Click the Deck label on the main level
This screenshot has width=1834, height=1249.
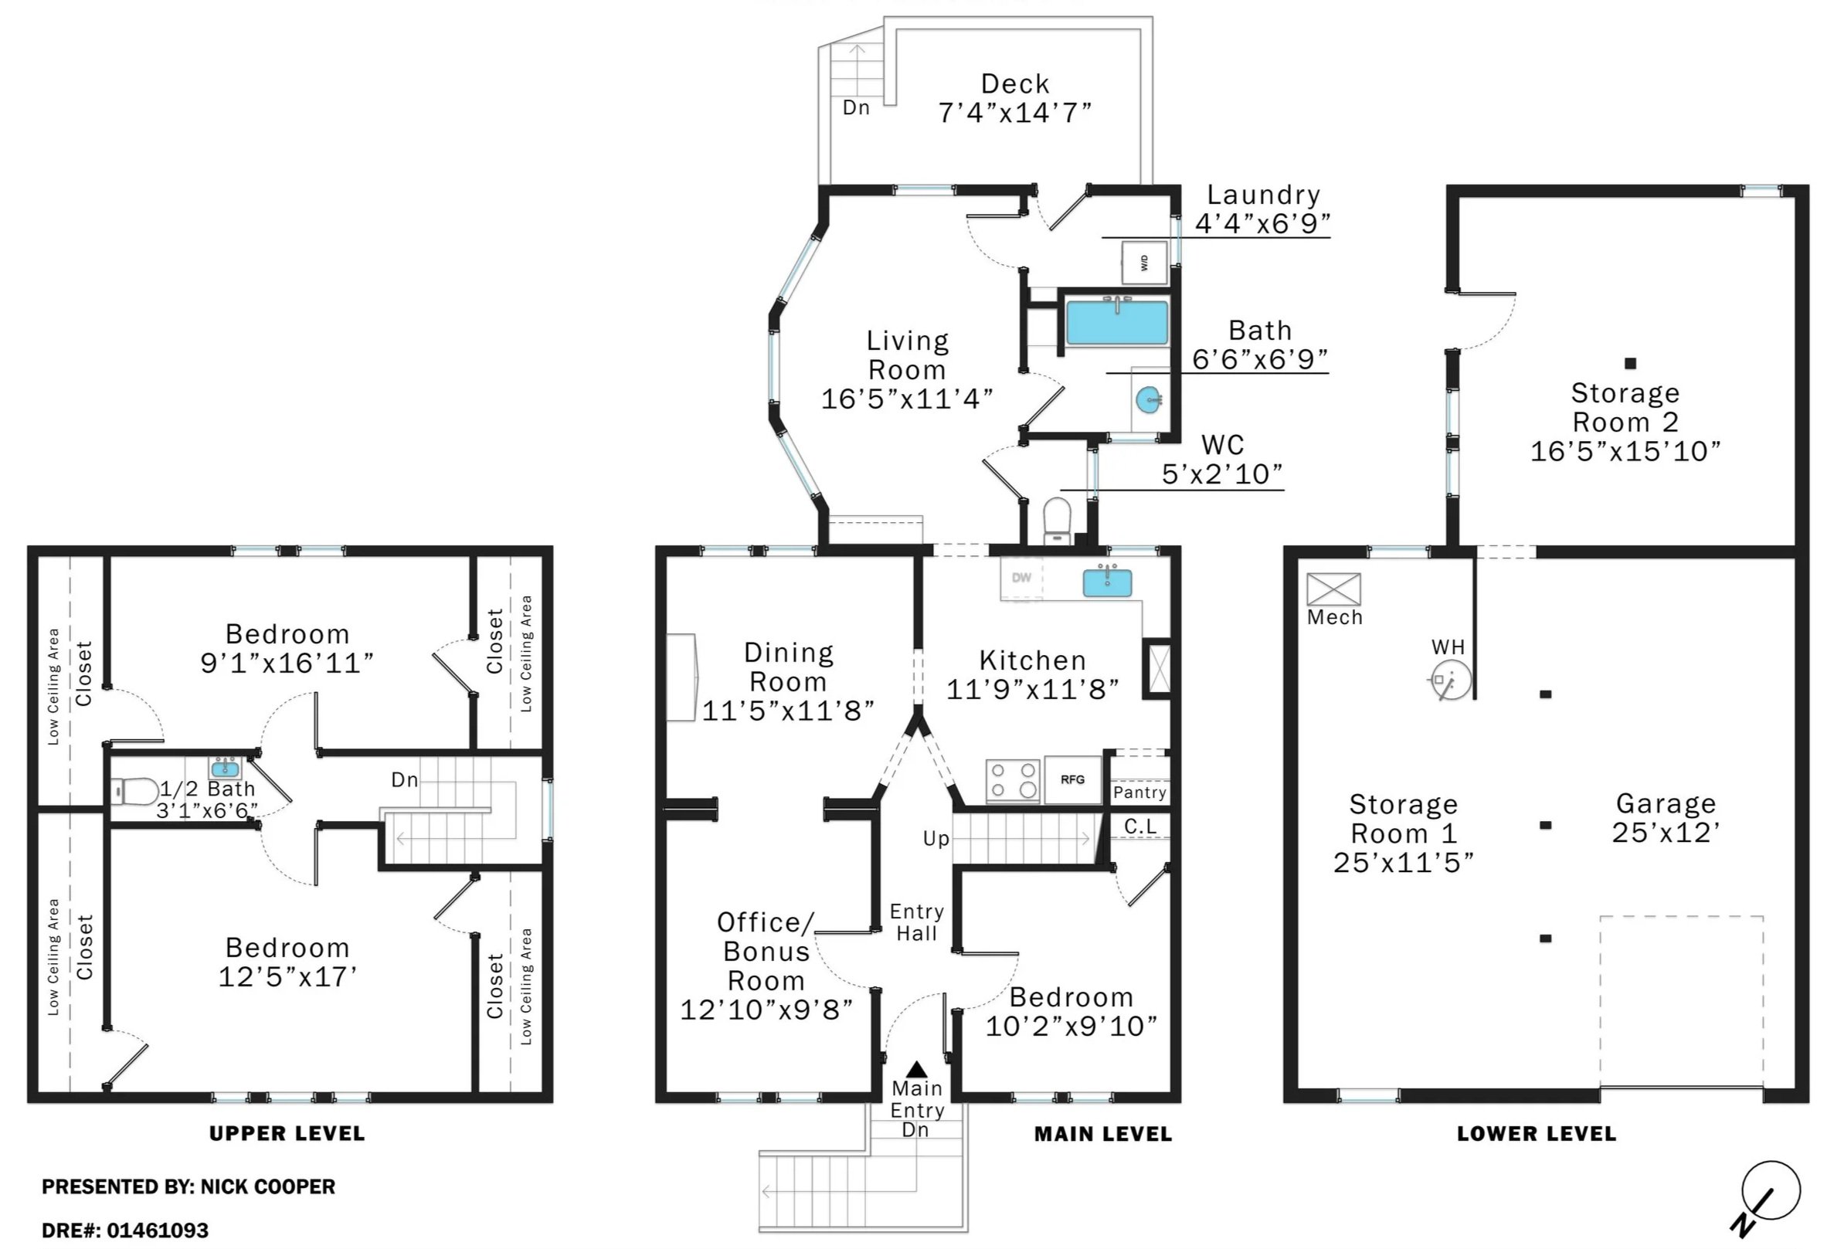[x=1015, y=83]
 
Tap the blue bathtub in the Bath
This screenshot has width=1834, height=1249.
[x=1116, y=323]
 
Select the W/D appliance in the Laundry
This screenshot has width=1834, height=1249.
[x=1144, y=262]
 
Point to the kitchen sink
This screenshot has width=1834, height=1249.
[x=1107, y=582]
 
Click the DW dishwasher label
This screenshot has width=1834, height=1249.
[x=1021, y=578]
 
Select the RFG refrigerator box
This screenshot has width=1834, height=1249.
[x=1072, y=779]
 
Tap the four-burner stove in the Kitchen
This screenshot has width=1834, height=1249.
[x=1014, y=780]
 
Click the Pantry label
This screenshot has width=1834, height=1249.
[x=1139, y=793]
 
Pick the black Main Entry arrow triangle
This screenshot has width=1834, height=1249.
[x=916, y=1070]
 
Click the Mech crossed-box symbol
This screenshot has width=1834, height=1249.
[x=1333, y=589]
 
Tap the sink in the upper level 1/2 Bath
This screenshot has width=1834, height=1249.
[x=226, y=768]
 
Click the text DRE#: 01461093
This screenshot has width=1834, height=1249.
[x=124, y=1230]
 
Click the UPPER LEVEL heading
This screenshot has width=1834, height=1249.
[x=287, y=1134]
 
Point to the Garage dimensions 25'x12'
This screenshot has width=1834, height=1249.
[x=1666, y=833]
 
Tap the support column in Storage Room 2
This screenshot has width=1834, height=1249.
[x=1630, y=364]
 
